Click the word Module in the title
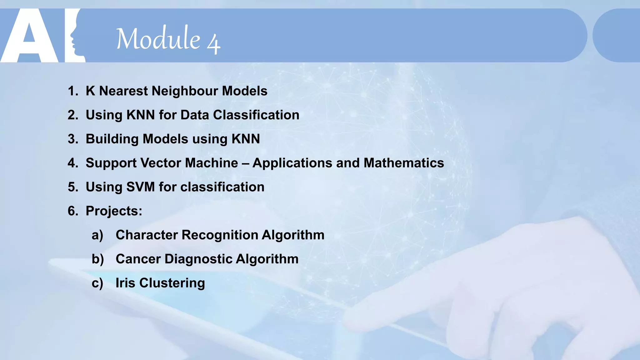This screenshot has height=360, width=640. (158, 38)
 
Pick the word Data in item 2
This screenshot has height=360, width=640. (195, 115)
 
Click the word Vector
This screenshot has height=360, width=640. (161, 163)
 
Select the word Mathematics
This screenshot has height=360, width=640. (404, 163)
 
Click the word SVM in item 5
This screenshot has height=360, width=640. (140, 187)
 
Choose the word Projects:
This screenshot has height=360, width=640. (114, 211)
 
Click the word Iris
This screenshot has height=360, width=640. (125, 283)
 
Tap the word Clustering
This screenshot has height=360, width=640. (172, 283)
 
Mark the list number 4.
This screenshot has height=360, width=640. (72, 163)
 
